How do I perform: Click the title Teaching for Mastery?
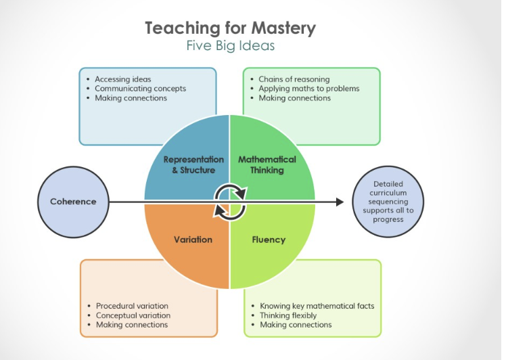[229, 28]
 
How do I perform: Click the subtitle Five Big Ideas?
[229, 47]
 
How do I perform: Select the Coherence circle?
[73, 202]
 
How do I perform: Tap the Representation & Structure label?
[189, 164]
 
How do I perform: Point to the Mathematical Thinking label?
[267, 164]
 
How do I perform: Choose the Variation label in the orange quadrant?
[193, 239]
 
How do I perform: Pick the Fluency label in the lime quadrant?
[269, 239]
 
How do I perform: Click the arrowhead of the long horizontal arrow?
[340, 202]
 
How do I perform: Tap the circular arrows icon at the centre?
[229, 202]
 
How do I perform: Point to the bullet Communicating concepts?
[140, 89]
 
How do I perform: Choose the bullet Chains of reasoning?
[294, 79]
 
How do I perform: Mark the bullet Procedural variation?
[132, 306]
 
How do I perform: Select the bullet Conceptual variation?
[133, 315]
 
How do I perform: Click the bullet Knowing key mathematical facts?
[317, 306]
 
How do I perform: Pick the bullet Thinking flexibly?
[288, 315]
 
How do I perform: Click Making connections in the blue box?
[131, 98]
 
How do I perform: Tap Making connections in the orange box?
[132, 325]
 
